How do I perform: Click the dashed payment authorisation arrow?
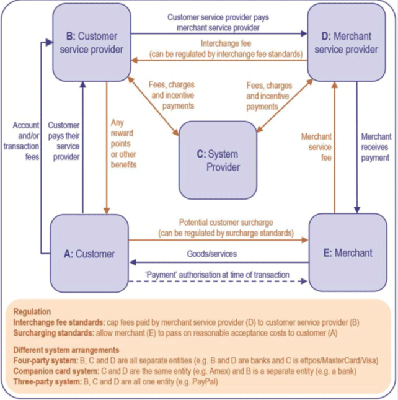pyautogui.click(x=217, y=282)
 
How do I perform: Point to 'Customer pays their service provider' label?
pyautogui.click(x=63, y=141)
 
